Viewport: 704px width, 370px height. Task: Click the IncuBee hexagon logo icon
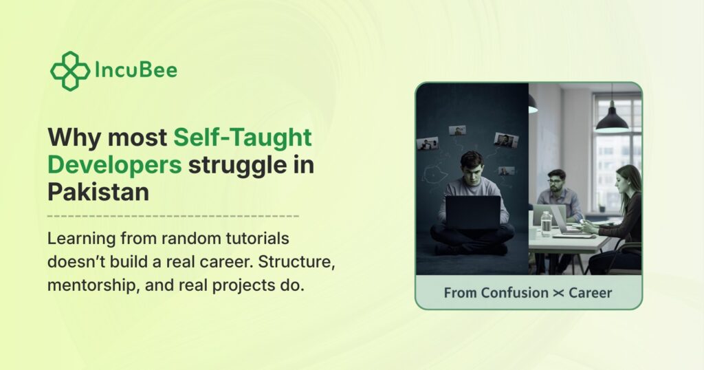(69, 71)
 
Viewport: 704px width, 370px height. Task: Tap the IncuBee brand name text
(136, 70)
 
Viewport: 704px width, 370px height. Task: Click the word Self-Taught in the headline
(243, 138)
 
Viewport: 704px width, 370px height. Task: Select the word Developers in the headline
(115, 165)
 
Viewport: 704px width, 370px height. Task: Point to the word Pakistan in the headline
(98, 192)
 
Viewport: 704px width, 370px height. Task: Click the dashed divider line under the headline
(173, 216)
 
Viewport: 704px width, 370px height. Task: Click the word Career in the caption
(590, 293)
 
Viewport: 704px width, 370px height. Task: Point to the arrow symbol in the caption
(558, 293)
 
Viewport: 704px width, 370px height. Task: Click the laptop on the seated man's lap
(473, 213)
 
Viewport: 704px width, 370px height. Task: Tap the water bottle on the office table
(546, 224)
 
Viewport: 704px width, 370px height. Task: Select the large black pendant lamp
(612, 120)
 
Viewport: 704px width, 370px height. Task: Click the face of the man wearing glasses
(555, 182)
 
